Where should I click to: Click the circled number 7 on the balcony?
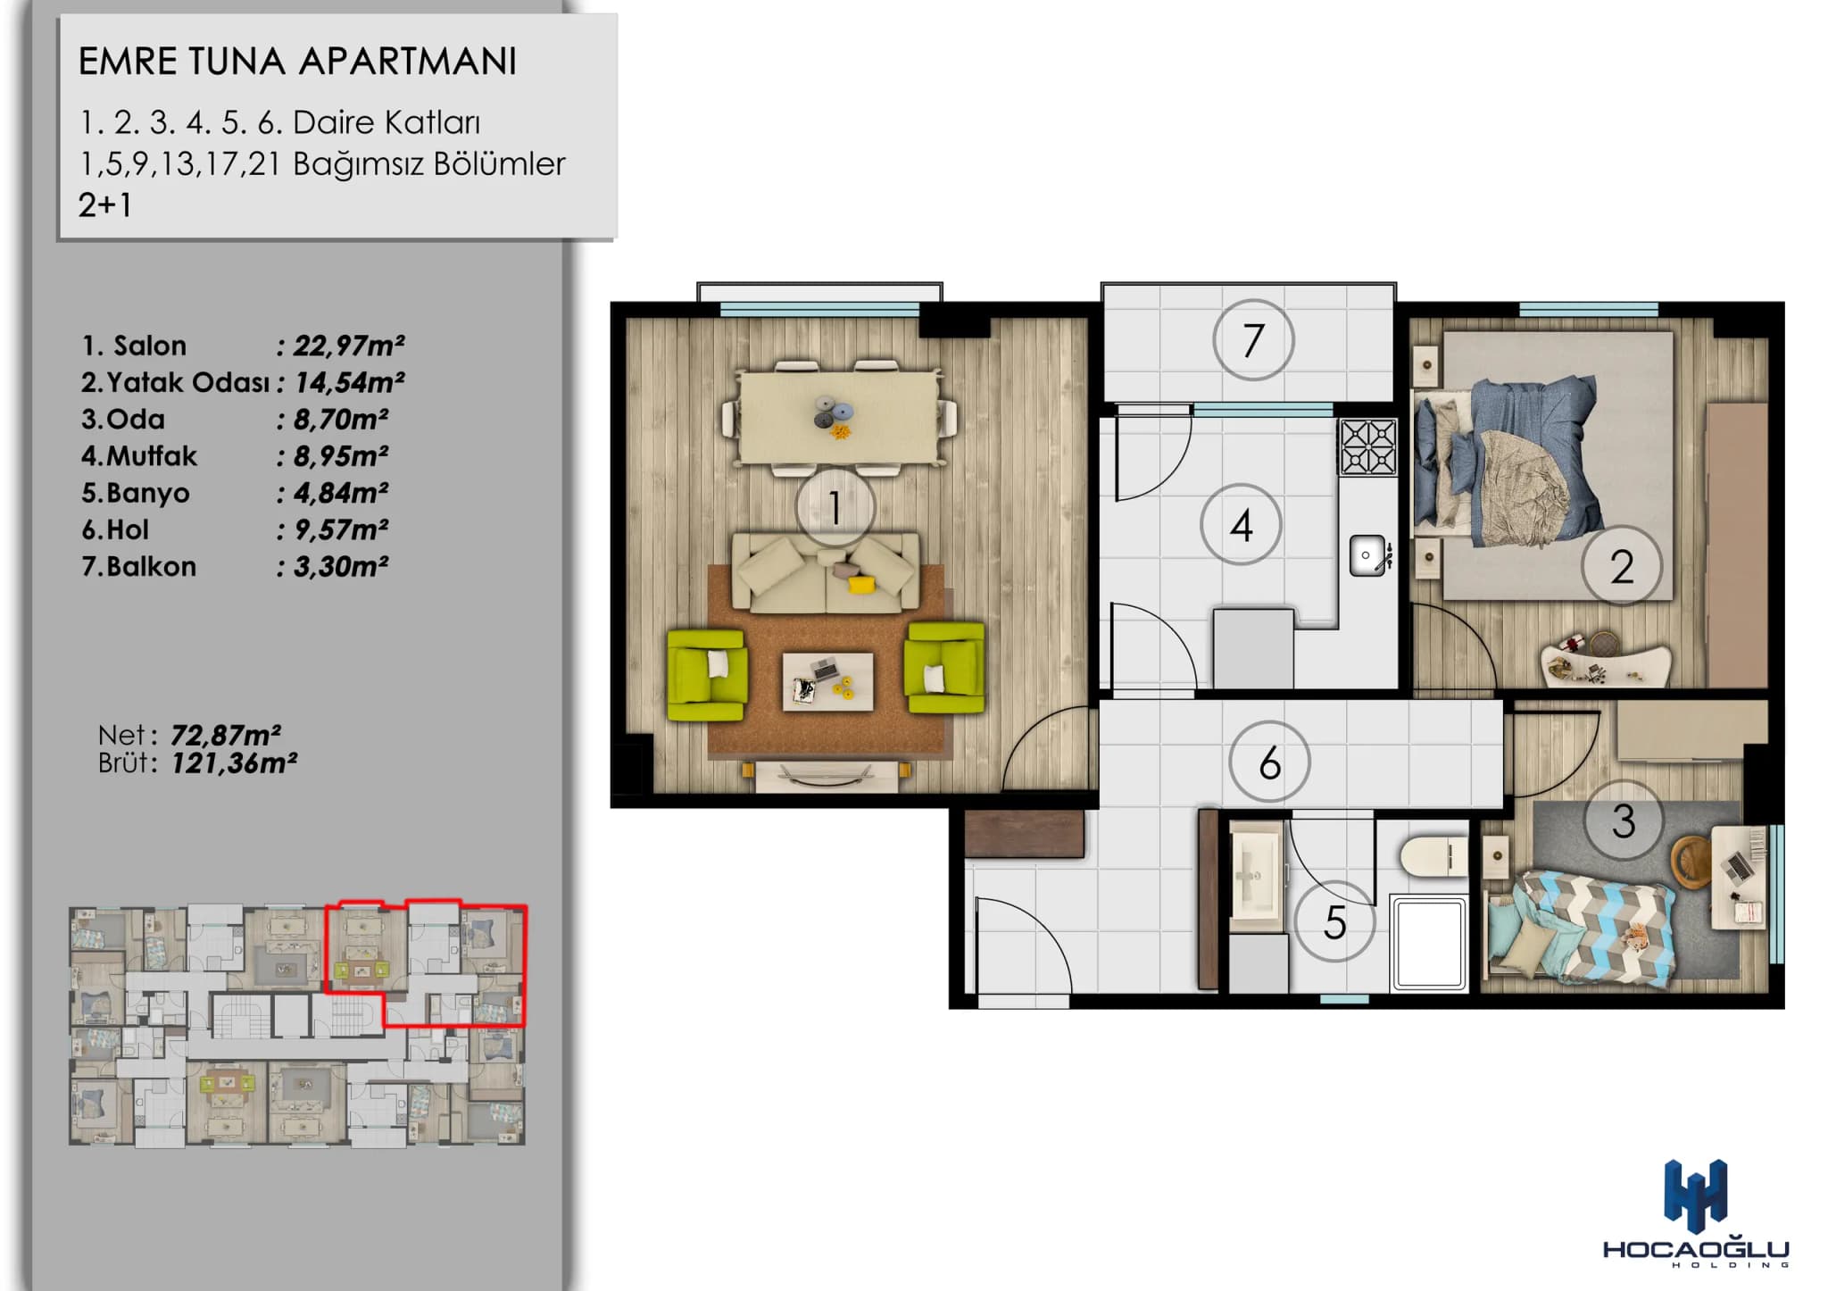pyautogui.click(x=1253, y=340)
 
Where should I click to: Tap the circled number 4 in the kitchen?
pyautogui.click(x=1242, y=525)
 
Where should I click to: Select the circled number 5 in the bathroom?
pyautogui.click(x=1334, y=922)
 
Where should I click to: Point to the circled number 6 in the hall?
pyautogui.click(x=1269, y=762)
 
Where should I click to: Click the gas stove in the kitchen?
pyautogui.click(x=1367, y=446)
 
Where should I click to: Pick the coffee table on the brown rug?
pyautogui.click(x=827, y=681)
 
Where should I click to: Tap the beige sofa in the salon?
pyautogui.click(x=826, y=572)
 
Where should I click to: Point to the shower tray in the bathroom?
pyautogui.click(x=1429, y=943)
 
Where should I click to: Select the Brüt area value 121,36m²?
pyautogui.click(x=234, y=763)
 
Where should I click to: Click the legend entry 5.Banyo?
pyautogui.click(x=136, y=493)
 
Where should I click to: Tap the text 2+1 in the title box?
pyautogui.click(x=105, y=205)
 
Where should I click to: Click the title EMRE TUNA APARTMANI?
pyautogui.click(x=298, y=62)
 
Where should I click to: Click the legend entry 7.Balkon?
pyautogui.click(x=138, y=566)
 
